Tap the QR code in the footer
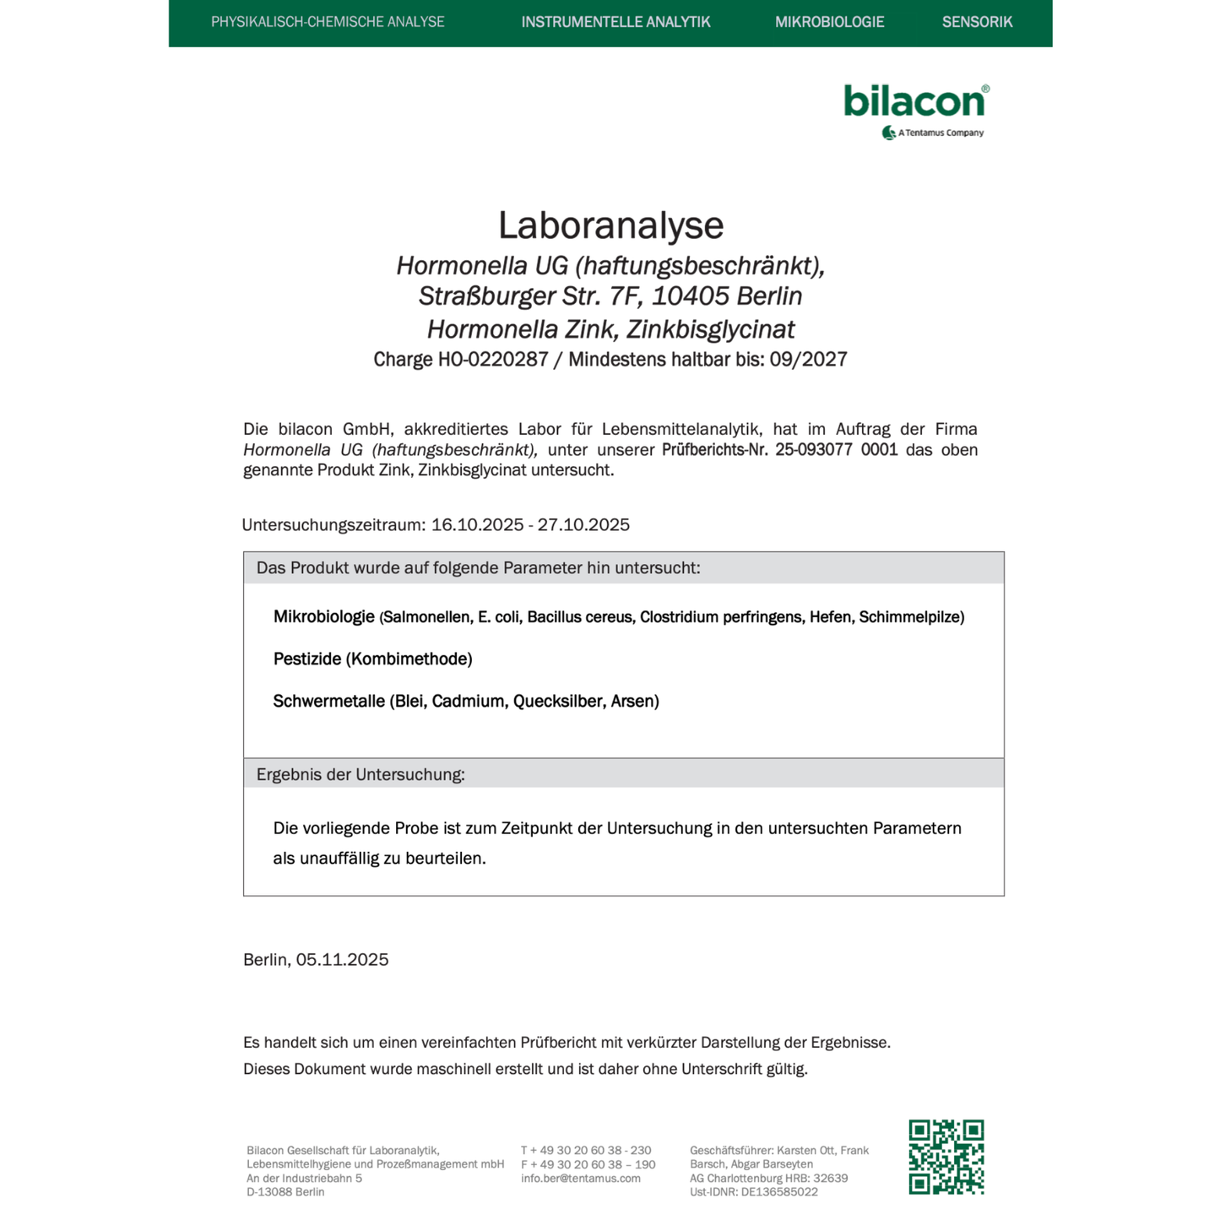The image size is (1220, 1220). [x=946, y=1157]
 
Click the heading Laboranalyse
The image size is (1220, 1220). [x=610, y=225]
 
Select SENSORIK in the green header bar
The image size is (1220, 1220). [x=977, y=22]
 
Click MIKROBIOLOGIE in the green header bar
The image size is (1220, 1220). [x=829, y=22]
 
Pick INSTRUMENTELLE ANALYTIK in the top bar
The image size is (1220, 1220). [x=615, y=22]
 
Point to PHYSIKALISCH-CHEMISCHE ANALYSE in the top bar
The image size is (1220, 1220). [x=328, y=22]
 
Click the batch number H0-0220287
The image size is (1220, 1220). [x=493, y=360]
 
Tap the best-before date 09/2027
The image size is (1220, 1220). [x=808, y=360]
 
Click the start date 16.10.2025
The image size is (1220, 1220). [x=477, y=525]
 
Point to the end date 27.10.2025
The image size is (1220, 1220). [x=583, y=525]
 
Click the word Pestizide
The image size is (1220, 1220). [x=307, y=659]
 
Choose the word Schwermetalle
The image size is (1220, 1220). [x=328, y=702]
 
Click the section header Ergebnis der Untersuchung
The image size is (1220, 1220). [x=361, y=774]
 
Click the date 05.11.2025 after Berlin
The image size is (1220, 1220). [x=342, y=960]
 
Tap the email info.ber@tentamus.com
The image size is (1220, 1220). [x=580, y=1179]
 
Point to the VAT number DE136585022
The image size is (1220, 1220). [x=778, y=1192]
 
